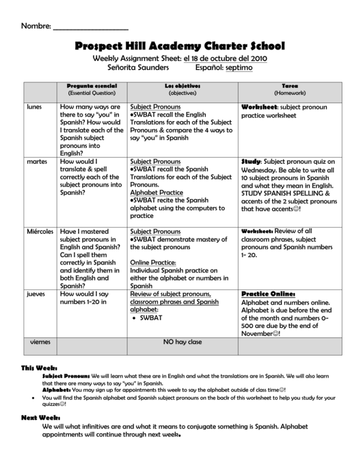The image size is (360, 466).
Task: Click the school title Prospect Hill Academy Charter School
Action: click(x=180, y=46)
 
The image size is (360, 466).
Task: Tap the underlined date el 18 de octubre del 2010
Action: click(x=225, y=59)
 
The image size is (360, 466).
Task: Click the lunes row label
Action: click(x=33, y=107)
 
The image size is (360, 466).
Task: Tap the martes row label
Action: click(x=35, y=161)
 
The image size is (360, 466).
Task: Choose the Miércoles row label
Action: click(x=40, y=232)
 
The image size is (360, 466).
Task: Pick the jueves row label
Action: click(x=35, y=294)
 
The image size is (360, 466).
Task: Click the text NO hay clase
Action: click(x=182, y=342)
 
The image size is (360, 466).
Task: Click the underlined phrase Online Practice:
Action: click(x=153, y=263)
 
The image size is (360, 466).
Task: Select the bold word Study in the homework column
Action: click(x=251, y=162)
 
